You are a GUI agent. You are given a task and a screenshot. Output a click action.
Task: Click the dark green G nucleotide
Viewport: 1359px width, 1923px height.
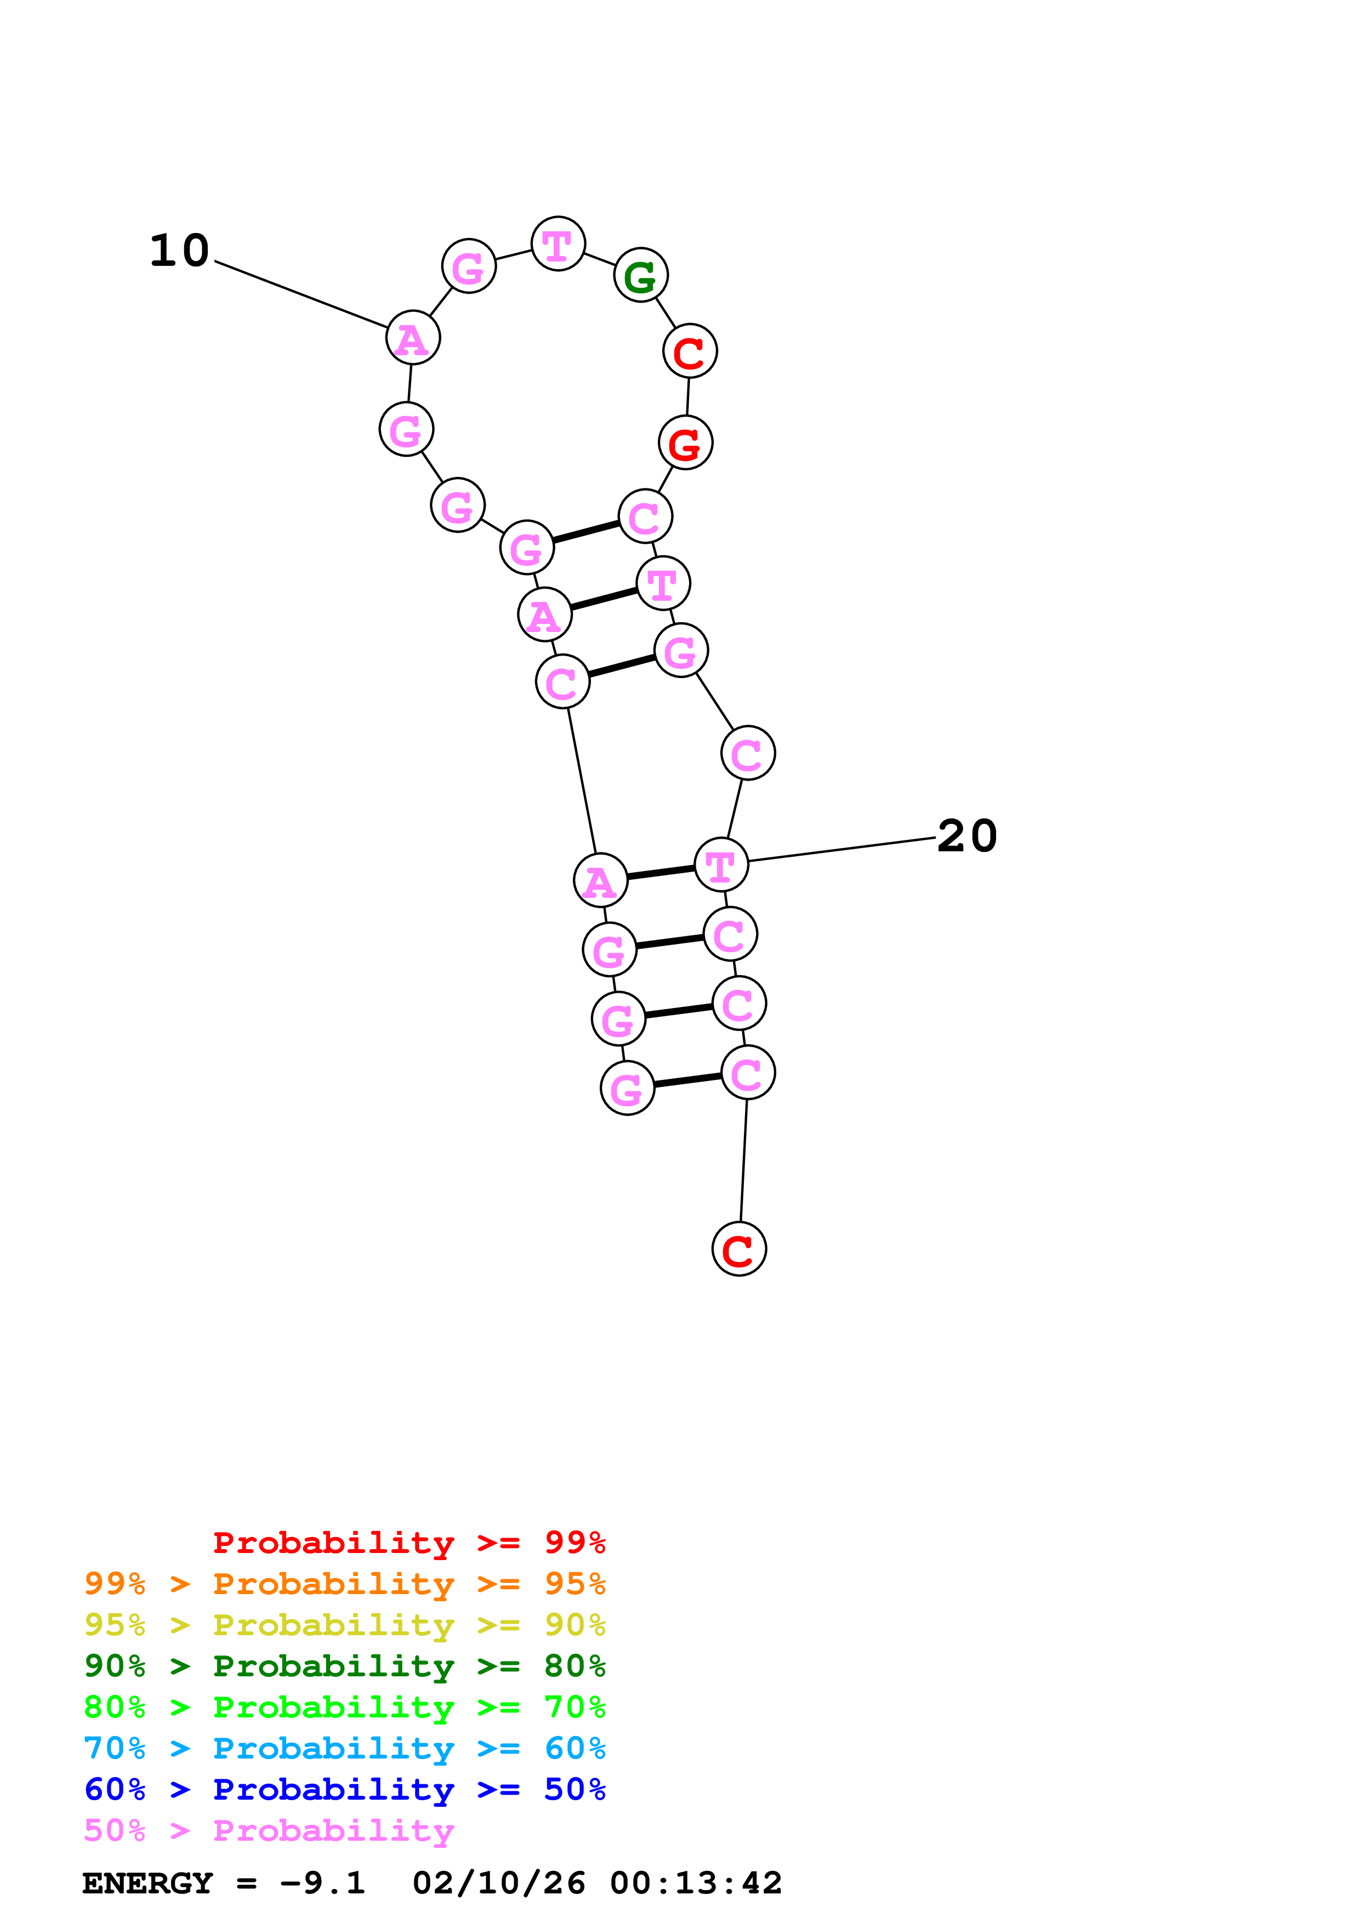[x=640, y=276]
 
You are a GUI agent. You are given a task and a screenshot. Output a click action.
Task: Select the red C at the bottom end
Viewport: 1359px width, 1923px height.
[x=738, y=1249]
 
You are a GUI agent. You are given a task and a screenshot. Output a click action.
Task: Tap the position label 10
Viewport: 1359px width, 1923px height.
[x=179, y=251]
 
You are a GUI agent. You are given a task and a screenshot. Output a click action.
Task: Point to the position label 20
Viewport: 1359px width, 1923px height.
[x=967, y=836]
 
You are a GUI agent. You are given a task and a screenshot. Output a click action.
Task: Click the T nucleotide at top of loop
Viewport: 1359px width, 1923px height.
[x=558, y=244]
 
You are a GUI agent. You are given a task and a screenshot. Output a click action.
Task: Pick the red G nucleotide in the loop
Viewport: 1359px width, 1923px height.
[x=685, y=443]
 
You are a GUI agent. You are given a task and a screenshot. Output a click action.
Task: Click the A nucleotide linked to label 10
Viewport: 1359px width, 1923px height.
[x=413, y=338]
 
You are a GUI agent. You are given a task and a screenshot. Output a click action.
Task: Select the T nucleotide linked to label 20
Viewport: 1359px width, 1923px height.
[x=721, y=865]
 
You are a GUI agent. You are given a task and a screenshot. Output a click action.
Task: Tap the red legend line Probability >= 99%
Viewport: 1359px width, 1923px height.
[x=408, y=1542]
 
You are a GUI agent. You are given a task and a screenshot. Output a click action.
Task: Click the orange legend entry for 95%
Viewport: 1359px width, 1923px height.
[x=344, y=1584]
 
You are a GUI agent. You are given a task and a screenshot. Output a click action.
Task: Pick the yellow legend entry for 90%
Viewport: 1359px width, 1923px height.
[x=344, y=1625]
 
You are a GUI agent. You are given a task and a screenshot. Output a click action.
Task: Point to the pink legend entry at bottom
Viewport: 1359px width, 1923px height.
[x=268, y=1830]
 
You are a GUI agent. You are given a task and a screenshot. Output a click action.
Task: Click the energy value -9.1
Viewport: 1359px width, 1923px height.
[x=322, y=1883]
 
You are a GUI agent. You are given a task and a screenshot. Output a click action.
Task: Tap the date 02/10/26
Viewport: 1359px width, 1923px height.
[x=498, y=1883]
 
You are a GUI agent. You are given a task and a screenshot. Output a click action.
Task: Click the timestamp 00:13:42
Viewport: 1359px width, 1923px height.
[x=696, y=1883]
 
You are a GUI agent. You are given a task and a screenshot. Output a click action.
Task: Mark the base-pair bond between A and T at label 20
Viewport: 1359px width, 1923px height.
[x=661, y=873]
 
